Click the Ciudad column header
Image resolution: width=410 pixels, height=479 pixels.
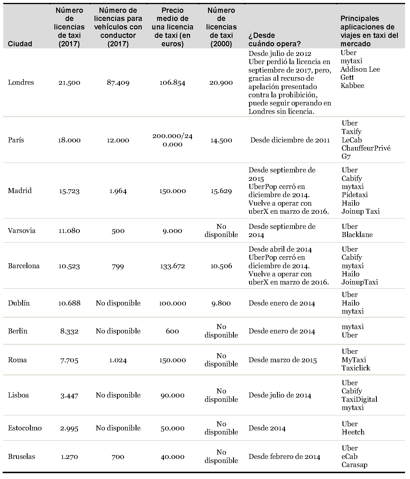20,44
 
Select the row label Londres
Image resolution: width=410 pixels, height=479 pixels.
21,82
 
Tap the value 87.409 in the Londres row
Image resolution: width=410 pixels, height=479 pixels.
118,82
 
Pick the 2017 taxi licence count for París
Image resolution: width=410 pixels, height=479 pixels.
69,140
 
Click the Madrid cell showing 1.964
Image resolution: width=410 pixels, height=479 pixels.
118,191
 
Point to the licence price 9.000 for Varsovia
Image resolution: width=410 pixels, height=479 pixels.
172,231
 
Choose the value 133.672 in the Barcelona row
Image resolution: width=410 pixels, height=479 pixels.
172,266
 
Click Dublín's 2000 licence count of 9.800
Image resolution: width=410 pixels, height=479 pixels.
221,303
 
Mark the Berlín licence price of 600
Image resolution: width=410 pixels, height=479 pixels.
172,331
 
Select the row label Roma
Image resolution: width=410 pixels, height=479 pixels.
17,360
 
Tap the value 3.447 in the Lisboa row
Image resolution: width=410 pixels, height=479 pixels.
69,395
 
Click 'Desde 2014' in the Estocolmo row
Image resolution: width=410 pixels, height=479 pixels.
267,428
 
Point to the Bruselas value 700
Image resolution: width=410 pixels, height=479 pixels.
118,457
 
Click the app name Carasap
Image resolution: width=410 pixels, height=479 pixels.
354,465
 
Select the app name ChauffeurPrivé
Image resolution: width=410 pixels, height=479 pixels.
366,148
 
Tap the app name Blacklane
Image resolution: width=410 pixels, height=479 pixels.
357,235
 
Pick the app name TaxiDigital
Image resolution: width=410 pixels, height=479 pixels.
359,399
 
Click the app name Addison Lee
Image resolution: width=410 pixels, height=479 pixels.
360,69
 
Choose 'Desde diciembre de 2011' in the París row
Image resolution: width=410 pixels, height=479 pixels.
290,140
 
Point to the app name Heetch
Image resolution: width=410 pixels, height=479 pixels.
353,432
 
